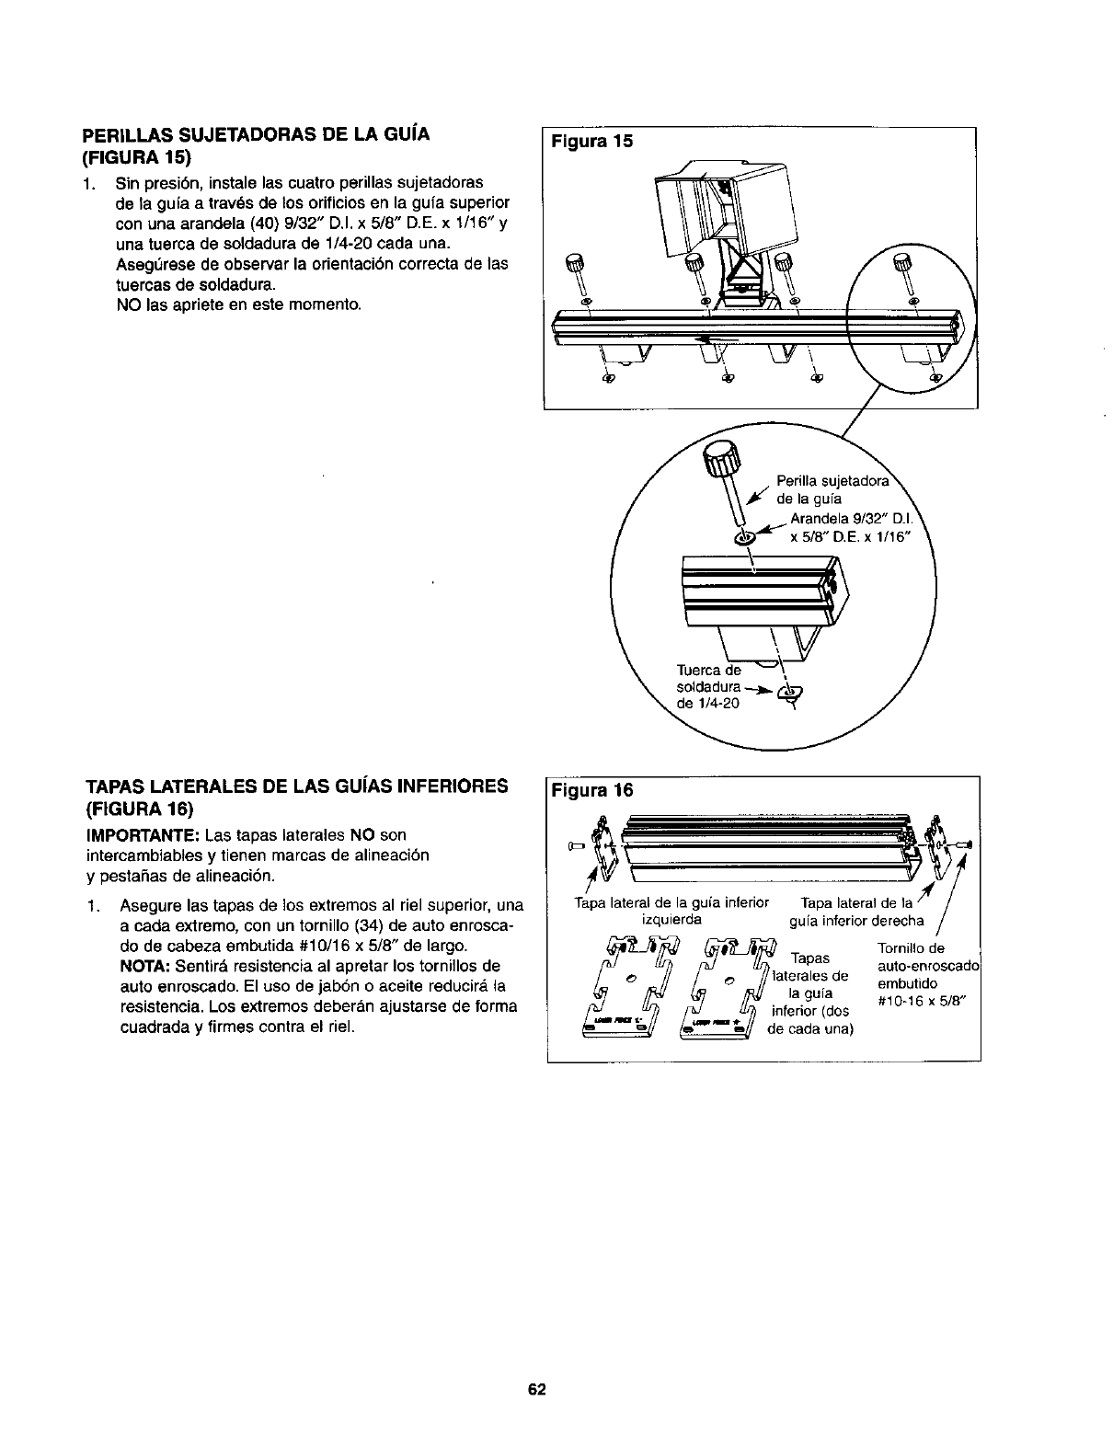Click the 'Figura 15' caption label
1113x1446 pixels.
(586, 142)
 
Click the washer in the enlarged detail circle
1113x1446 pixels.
(744, 536)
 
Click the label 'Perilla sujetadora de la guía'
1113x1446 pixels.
(833, 489)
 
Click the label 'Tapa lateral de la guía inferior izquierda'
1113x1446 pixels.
(671, 910)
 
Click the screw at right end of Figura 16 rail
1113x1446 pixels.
(966, 843)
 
